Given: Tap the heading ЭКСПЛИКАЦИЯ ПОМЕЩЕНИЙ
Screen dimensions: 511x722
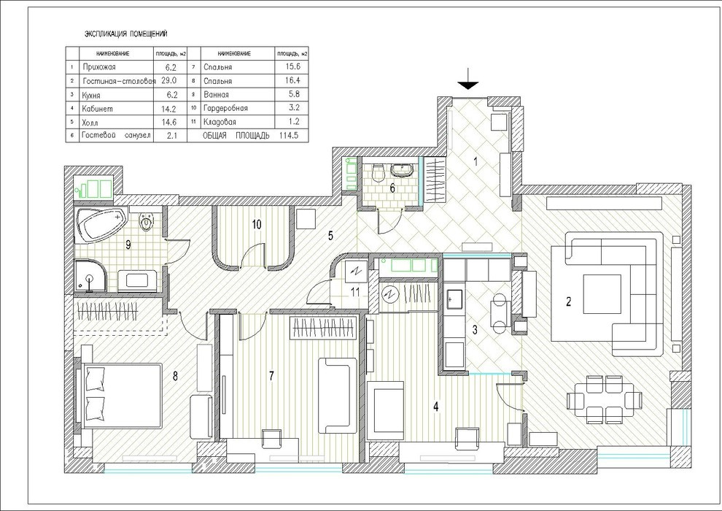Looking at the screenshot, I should click(125, 34).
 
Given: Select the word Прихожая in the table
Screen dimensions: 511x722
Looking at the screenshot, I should click(100, 67).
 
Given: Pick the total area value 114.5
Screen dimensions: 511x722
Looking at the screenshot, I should click(294, 136).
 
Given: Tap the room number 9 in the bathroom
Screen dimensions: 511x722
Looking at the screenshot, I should click(128, 245).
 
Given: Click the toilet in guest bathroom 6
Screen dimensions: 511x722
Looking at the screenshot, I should click(377, 173).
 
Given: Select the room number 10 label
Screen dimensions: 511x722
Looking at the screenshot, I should click(256, 224).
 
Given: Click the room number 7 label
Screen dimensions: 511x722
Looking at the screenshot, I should click(271, 376).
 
